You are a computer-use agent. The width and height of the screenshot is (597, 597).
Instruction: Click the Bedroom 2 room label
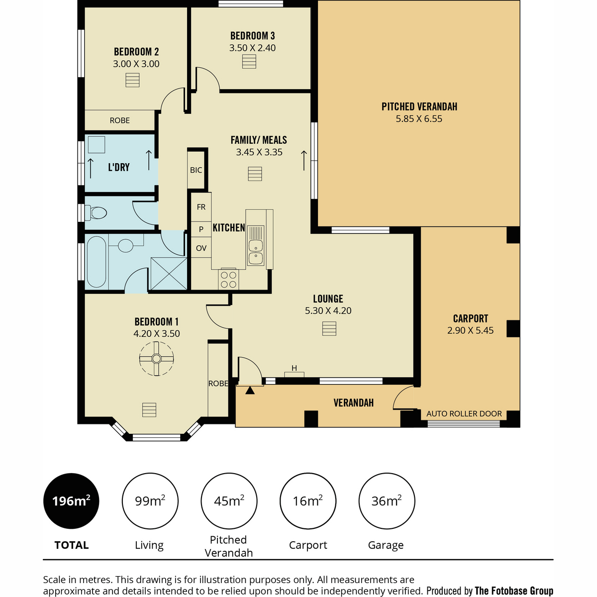pos(136,51)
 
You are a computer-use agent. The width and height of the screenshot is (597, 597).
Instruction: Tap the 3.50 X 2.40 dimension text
pos(252,48)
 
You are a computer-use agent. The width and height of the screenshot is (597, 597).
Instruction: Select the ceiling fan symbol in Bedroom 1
pos(156,359)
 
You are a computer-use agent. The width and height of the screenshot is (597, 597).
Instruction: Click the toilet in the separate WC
pos(96,213)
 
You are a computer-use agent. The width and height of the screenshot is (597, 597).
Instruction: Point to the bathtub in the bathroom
pos(97,262)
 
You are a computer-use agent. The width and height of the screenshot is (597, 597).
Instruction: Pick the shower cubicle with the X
pos(169,274)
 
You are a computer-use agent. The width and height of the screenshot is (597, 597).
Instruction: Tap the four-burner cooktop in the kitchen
pos(229,280)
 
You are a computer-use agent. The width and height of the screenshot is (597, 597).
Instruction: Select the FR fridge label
pos(201,207)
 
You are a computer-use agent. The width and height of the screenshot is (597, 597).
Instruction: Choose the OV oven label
pos(201,248)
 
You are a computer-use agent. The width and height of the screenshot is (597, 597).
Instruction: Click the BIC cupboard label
pos(196,170)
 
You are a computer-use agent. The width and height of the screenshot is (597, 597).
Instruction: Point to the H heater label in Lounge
pos(295,368)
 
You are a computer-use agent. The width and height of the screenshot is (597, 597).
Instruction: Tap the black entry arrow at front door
pos(250,391)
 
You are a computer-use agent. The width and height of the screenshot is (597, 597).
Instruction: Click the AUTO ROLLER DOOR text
pos(464,413)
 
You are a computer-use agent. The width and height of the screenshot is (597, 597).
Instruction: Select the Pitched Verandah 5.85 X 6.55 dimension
pos(419,119)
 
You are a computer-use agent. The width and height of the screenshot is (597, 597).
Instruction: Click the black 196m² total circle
pos(71,501)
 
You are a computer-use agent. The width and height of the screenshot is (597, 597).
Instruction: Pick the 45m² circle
pos(229,501)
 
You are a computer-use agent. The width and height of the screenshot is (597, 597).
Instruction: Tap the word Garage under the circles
pos(386,545)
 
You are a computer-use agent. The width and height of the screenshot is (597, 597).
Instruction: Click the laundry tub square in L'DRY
pos(97,144)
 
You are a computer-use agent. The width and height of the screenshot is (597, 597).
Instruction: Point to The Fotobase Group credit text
pos(513,591)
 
